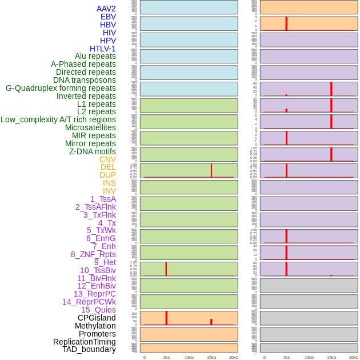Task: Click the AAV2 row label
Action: [x=106, y=9]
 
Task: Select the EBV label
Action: [x=108, y=17]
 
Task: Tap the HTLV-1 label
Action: [x=102, y=49]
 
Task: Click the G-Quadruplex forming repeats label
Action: [x=61, y=88]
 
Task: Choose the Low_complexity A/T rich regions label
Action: [x=58, y=119]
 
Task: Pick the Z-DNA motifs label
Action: [x=92, y=151]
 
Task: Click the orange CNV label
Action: [x=107, y=159]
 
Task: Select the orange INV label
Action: [x=109, y=191]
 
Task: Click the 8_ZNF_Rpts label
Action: [x=93, y=254]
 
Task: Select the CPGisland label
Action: [x=97, y=318]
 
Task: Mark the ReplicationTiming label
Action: [x=85, y=342]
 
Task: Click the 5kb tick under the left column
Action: [x=167, y=357]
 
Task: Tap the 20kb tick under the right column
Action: [x=354, y=357]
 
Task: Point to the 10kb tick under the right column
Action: [x=309, y=357]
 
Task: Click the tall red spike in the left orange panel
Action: [x=166, y=318]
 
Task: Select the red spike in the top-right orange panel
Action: [x=286, y=23]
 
